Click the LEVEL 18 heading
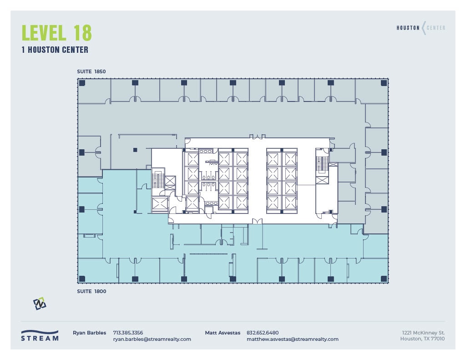[x=57, y=33]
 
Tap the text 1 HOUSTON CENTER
[x=55, y=50]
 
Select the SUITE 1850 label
[x=91, y=72]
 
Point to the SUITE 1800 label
[x=91, y=291]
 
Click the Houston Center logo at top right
[x=420, y=28]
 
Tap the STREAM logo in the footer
[x=40, y=335]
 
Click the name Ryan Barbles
[x=89, y=333]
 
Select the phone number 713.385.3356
[x=128, y=333]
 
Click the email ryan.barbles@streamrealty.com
[x=152, y=339]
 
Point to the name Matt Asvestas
[x=223, y=333]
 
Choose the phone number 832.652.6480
[x=263, y=333]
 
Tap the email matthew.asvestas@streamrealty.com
[x=292, y=339]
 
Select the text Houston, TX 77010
[x=422, y=339]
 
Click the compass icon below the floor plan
[x=40, y=304]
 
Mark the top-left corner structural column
[x=82, y=83]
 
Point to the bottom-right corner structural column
[x=384, y=279]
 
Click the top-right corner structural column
[x=384, y=83]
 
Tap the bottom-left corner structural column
[x=82, y=279]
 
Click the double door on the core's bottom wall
[x=258, y=222]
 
